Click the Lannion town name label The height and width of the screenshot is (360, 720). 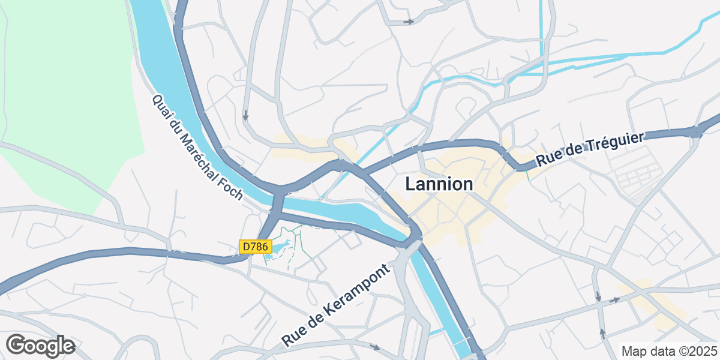point(439,184)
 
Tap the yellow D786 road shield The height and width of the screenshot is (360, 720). point(256,247)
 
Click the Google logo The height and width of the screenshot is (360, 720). point(40,346)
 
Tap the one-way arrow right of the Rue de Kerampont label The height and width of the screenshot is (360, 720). point(376,347)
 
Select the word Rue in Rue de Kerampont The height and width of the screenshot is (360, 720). point(294,337)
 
